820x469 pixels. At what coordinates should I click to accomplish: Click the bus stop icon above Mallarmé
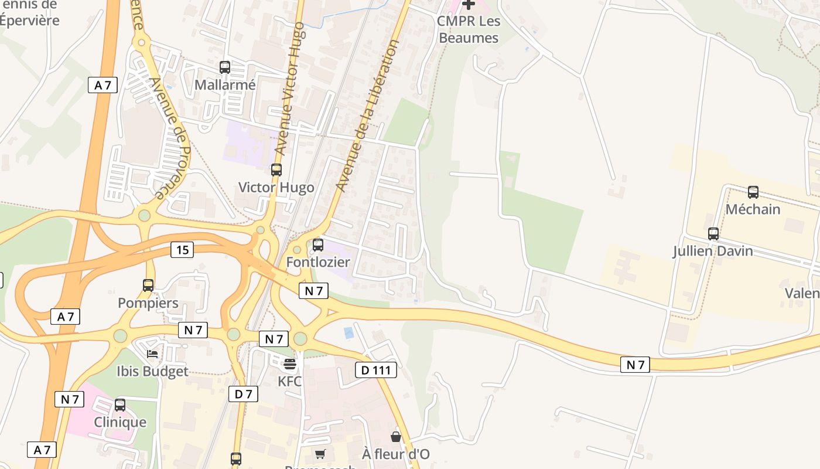pos(225,67)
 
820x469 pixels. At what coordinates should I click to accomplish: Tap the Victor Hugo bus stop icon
pos(276,170)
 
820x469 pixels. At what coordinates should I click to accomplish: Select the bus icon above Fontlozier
pos(318,245)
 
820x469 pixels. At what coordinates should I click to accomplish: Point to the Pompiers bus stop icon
pos(148,286)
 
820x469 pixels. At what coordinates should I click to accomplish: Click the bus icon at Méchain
pos(753,192)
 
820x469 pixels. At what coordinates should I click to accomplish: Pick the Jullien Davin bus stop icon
pos(713,234)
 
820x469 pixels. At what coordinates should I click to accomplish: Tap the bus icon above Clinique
pos(120,405)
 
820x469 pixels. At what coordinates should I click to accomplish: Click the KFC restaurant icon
pos(290,364)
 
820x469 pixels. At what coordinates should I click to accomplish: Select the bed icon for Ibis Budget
pos(152,354)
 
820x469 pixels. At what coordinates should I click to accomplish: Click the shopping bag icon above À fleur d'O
pos(396,437)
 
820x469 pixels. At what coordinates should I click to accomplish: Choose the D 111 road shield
pos(376,370)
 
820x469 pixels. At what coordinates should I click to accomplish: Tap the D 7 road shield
pos(243,394)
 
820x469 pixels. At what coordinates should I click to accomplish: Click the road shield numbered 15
pos(183,250)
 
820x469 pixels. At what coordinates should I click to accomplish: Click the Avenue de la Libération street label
pos(368,115)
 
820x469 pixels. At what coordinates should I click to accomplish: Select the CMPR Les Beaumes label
pos(469,29)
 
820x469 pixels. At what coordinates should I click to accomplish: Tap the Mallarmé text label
pos(225,85)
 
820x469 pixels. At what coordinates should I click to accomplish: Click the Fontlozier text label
pos(318,262)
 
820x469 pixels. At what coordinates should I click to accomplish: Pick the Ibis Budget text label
pos(152,371)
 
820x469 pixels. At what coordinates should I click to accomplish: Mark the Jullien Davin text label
pos(713,252)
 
